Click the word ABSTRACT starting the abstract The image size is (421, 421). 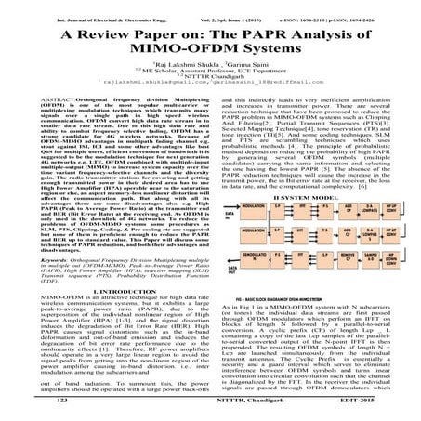point(34,122)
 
